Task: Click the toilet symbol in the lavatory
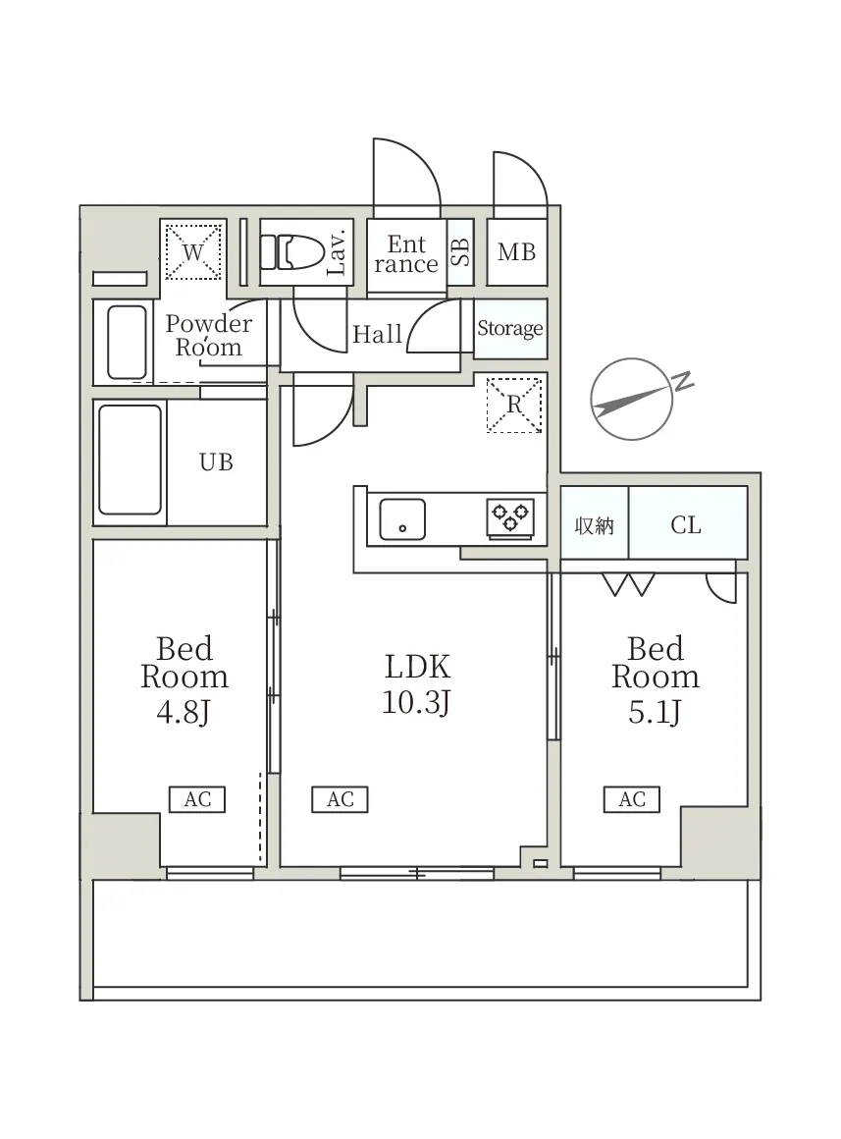291,251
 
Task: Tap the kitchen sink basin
402,519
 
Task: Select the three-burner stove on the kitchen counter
510,516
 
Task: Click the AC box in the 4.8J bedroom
197,799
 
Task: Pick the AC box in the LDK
340,799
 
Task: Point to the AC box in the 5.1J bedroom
632,799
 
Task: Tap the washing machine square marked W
192,252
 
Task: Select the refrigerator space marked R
514,405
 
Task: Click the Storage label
510,328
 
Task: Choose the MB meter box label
516,252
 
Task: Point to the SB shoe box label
460,251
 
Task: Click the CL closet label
686,524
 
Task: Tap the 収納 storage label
594,525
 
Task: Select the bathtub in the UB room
130,460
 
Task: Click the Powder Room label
208,335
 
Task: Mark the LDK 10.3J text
417,684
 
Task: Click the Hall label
377,334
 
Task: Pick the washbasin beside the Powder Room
128,342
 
